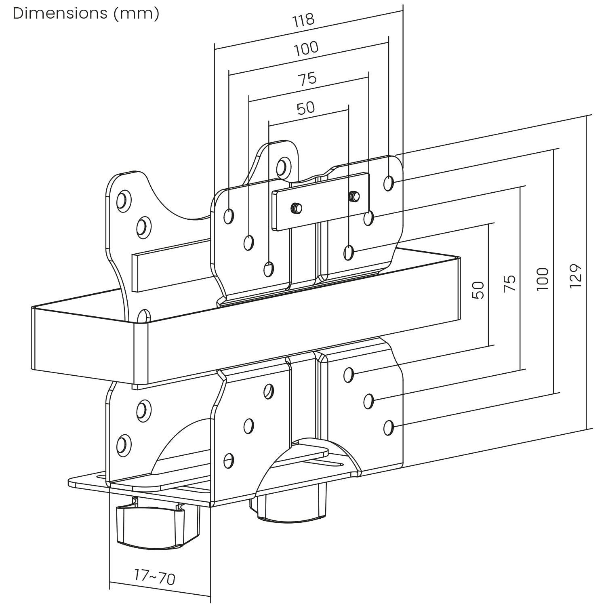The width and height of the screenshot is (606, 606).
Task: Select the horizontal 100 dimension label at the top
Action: click(x=306, y=49)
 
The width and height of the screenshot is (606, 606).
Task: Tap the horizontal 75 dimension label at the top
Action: click(x=307, y=78)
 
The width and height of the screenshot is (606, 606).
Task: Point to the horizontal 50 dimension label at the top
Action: click(x=305, y=108)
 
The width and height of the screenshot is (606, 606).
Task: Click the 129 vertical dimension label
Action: click(x=576, y=276)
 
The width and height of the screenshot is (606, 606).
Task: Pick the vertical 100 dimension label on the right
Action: click(x=543, y=279)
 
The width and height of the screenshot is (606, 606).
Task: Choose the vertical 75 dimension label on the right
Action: click(x=510, y=283)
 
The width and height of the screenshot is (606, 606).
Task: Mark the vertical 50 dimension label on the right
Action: click(x=478, y=290)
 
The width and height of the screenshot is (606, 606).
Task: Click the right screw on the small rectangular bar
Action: click(x=354, y=196)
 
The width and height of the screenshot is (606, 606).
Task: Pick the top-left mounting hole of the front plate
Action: click(x=229, y=216)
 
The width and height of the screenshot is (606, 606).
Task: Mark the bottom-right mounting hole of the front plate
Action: click(x=389, y=427)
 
